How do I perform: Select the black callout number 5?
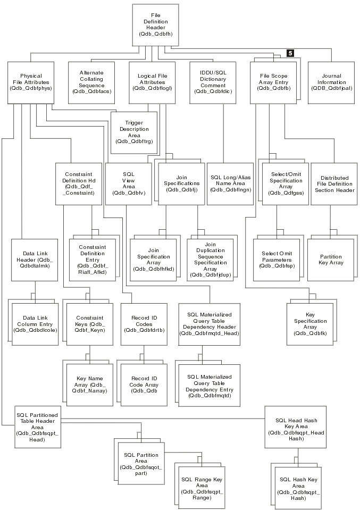click(x=290, y=53)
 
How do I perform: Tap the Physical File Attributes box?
click(x=31, y=82)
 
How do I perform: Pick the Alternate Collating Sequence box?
click(x=91, y=82)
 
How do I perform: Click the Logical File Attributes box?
click(x=152, y=82)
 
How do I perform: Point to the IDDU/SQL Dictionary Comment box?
click(x=213, y=82)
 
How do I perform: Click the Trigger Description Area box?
click(x=134, y=132)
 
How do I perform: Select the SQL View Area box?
click(x=129, y=183)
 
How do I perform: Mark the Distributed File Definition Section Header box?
click(x=334, y=184)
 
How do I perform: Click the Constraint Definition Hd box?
click(x=78, y=183)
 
